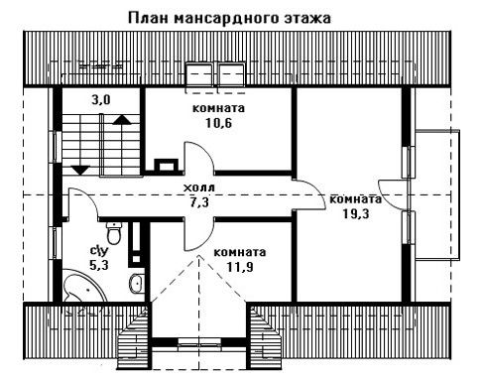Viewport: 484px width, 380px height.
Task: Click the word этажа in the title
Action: pos(307,19)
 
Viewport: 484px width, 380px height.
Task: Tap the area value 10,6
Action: pos(218,123)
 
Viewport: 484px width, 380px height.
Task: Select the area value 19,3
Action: pos(356,214)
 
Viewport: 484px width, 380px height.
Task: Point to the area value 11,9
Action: pos(240,267)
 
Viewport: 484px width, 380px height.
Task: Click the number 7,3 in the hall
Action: pos(199,202)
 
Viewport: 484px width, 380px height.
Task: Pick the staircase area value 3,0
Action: pos(101,99)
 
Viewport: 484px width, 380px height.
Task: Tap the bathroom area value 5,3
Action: pos(99,265)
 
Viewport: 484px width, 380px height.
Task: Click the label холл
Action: pos(199,188)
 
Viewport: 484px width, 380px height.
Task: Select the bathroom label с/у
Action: pos(99,251)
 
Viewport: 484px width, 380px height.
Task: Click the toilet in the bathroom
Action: pos(114,233)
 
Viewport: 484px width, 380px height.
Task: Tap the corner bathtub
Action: pos(84,286)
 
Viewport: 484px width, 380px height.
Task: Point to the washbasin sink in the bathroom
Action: pos(136,283)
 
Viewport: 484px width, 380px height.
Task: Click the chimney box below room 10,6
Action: pos(167,165)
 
